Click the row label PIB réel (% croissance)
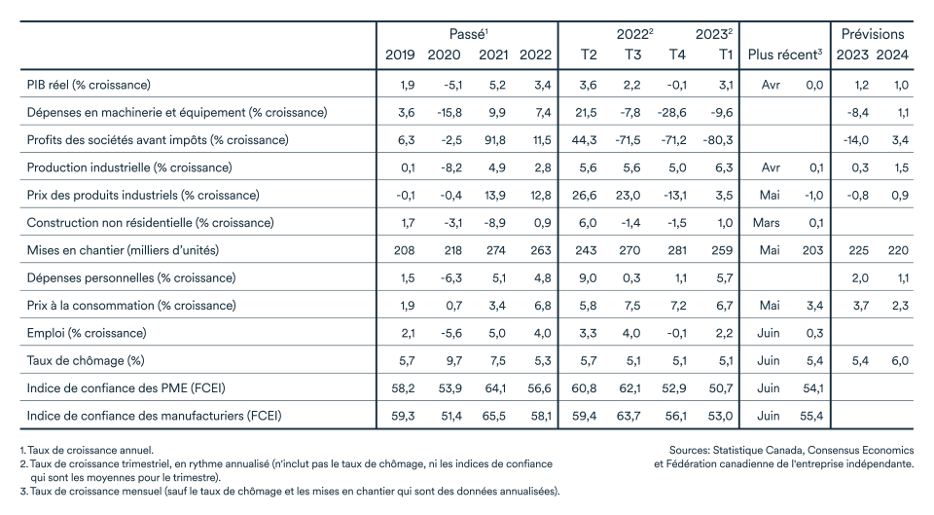[x=89, y=85]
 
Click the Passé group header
[x=468, y=34]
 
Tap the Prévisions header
[x=873, y=34]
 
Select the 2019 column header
[x=401, y=54]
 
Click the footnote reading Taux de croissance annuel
[x=80, y=450]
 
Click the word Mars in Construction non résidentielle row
[x=766, y=223]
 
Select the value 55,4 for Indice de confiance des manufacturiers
[x=810, y=416]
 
